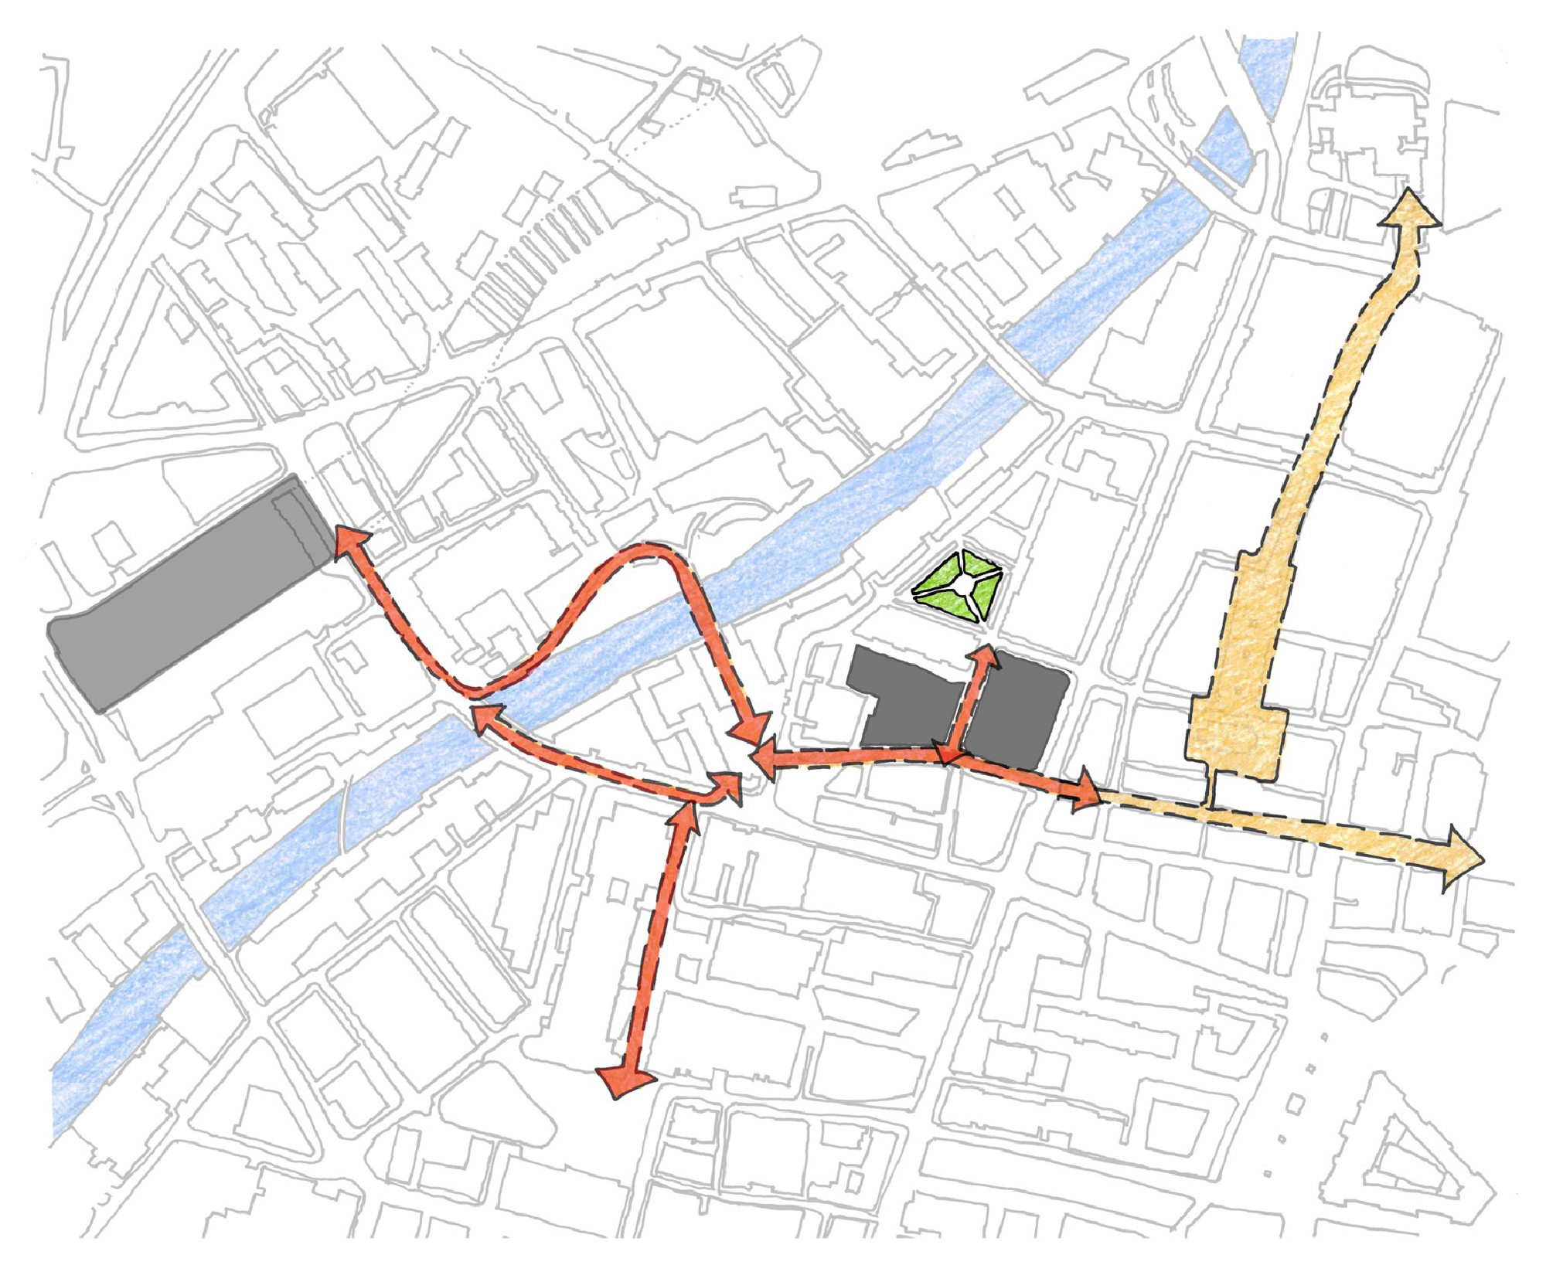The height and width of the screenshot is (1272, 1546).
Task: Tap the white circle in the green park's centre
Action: tap(962, 588)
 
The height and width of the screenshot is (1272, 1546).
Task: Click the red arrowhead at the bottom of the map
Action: tap(625, 1079)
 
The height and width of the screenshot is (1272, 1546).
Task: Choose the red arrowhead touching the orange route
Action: tap(1086, 790)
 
